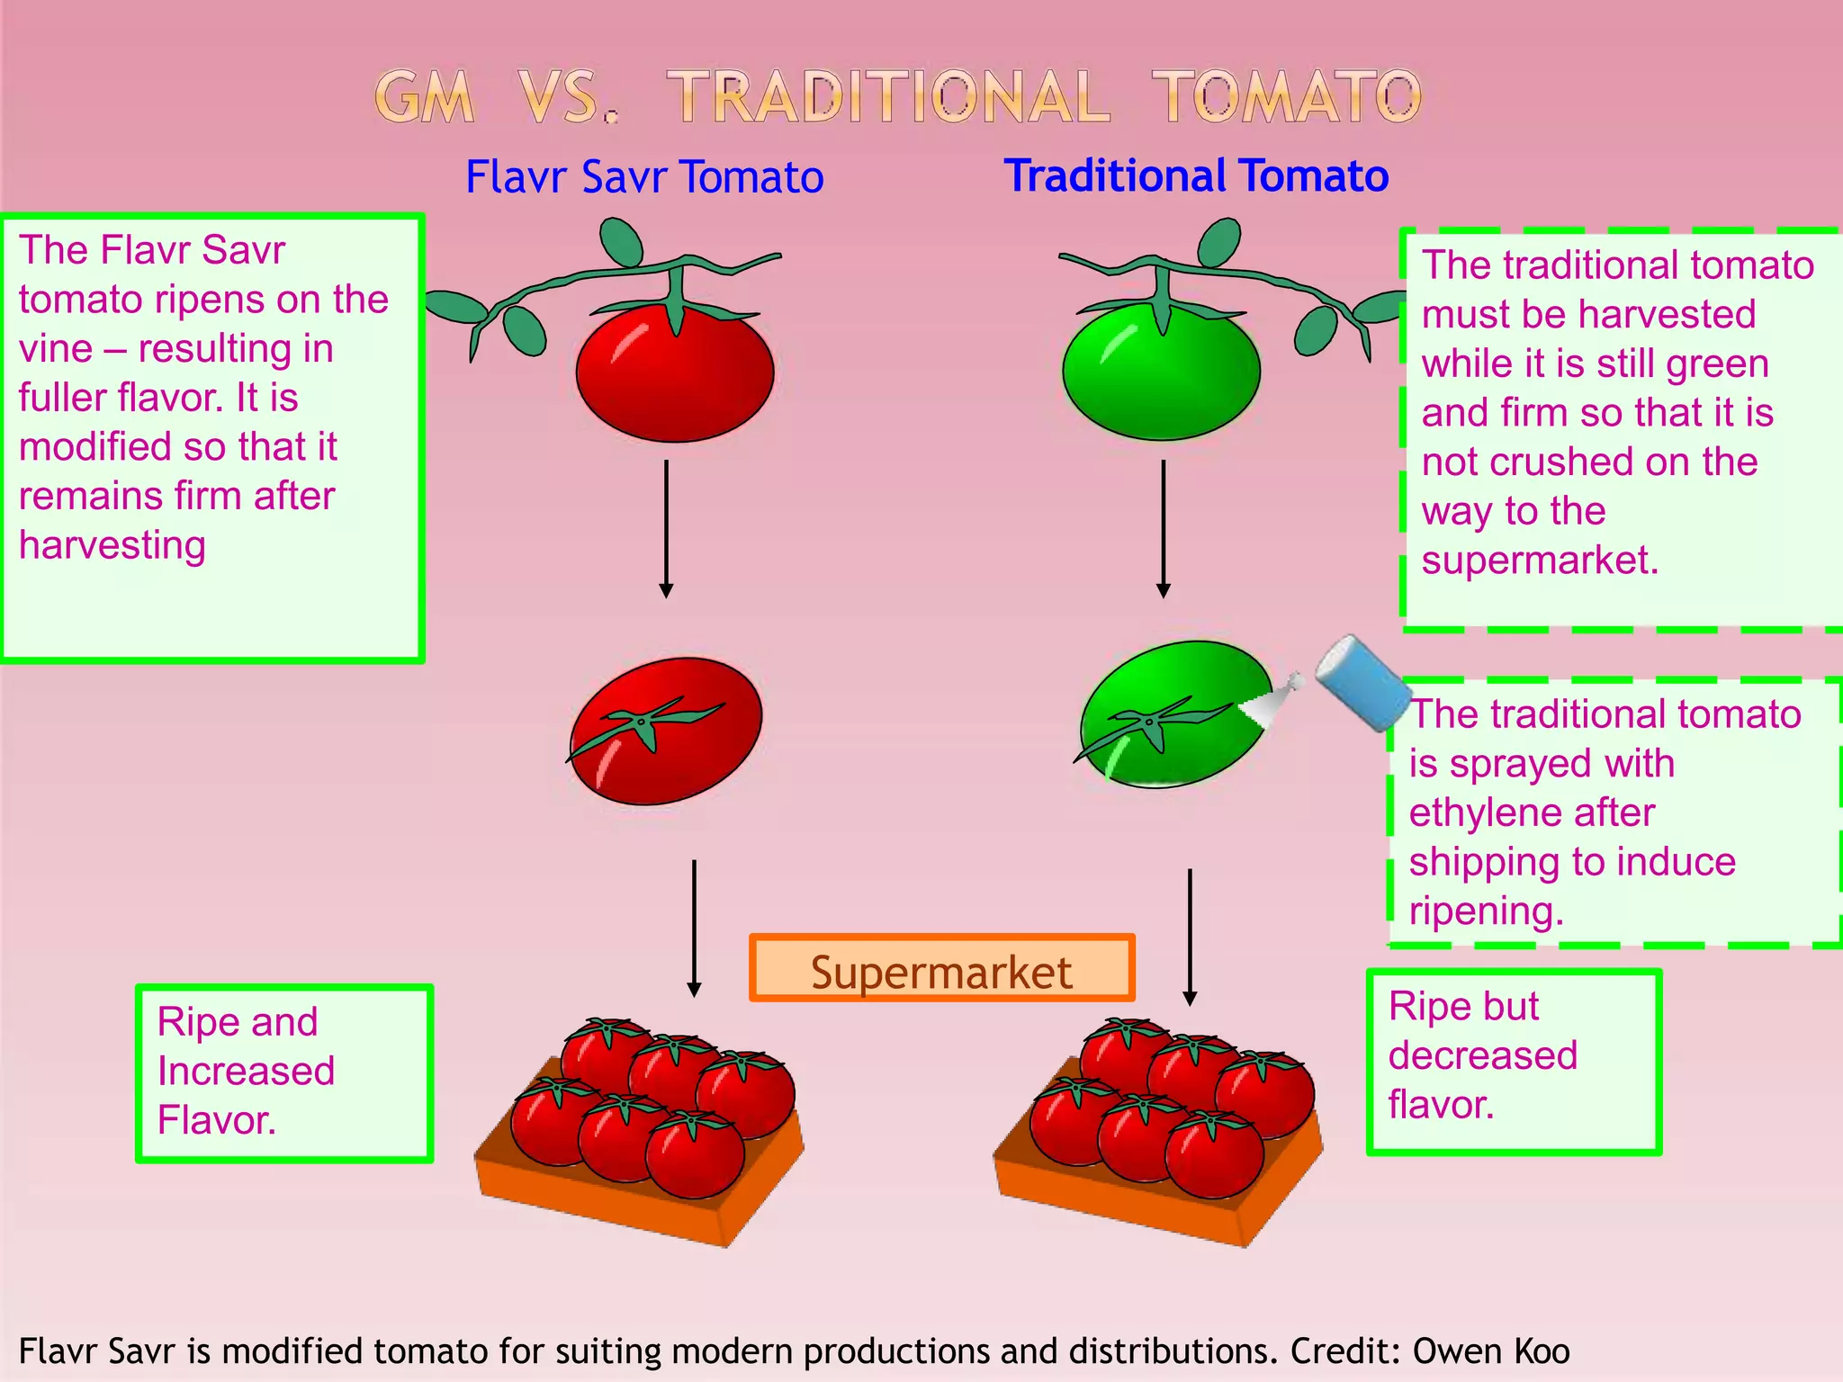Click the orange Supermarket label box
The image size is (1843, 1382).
pyautogui.click(x=941, y=969)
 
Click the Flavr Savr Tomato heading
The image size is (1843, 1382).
pyautogui.click(x=644, y=176)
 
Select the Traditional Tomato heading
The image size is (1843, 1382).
pyautogui.click(x=1196, y=175)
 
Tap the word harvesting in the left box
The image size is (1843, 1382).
pyautogui.click(x=112, y=546)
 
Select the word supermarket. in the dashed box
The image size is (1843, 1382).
pyautogui.click(x=1540, y=561)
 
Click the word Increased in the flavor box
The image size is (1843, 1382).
pyautogui.click(x=246, y=1071)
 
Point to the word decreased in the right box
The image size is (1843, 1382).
pyautogui.click(x=1482, y=1055)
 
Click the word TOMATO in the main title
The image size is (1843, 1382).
pyautogui.click(x=1287, y=97)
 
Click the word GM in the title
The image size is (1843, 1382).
pyautogui.click(x=424, y=97)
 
